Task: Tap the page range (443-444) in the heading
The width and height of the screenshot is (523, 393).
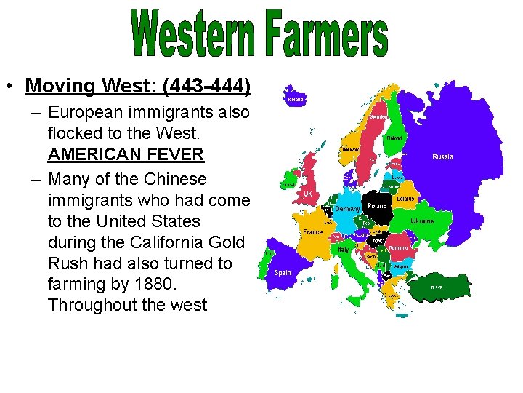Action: point(207,87)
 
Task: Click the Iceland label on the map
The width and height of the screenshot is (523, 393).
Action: point(296,100)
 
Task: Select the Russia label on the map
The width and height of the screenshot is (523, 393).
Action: point(443,156)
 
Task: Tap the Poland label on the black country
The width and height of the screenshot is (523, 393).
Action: point(378,206)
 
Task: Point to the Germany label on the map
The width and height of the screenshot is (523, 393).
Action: point(347,210)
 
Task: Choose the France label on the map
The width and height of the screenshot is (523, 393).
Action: point(313,232)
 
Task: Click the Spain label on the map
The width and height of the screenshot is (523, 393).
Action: point(283,274)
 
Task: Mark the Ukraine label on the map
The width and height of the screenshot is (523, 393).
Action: point(422,221)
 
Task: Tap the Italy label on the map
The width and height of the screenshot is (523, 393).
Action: point(344,250)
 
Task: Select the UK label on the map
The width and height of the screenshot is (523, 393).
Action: point(308,194)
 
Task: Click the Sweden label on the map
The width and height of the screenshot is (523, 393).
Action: point(378,116)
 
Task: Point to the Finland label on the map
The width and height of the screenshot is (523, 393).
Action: point(394,137)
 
